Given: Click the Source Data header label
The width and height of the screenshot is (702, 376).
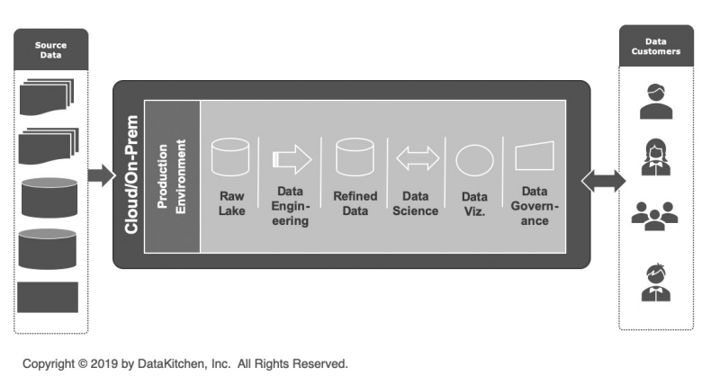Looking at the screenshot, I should coord(50,49).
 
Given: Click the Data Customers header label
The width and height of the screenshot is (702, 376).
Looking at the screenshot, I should coord(655,45).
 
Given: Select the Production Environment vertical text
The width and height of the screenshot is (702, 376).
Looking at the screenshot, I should coord(171,175).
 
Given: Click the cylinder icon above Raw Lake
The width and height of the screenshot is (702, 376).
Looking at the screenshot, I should coord(229,157).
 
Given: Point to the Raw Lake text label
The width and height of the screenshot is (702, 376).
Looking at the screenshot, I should coord(230,202).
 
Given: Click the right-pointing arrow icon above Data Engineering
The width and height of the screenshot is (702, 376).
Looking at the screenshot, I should coord(291,159).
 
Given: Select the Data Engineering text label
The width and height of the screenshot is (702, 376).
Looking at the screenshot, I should coord(291,206).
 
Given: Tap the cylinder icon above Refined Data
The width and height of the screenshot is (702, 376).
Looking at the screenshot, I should coord(354,157).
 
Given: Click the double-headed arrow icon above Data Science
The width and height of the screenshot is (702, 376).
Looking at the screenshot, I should coord(418,159).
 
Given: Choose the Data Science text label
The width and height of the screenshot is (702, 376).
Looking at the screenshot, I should coord(418,203).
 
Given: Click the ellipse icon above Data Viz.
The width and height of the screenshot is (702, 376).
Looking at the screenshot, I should coord(474,159).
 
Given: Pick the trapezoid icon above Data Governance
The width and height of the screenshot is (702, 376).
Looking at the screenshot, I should coord(534,157).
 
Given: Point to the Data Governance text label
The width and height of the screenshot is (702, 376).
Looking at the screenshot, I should coord(535,206).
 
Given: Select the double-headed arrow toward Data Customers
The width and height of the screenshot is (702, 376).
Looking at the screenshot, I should coord(601,180).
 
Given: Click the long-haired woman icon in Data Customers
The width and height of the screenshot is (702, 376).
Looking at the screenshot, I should coord(654,157).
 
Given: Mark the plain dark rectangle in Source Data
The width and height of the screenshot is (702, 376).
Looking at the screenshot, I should coord(48,297).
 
